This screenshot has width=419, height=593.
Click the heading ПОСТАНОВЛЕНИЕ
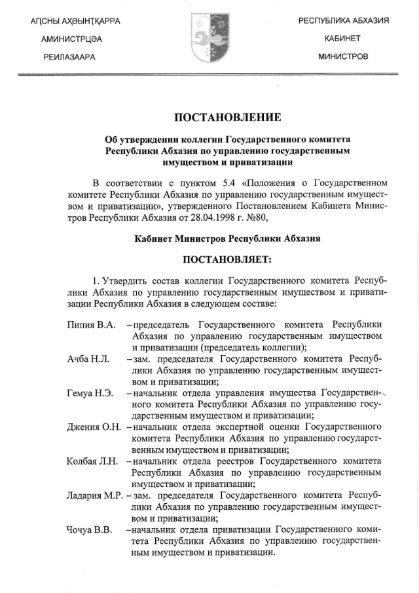pyautogui.click(x=227, y=118)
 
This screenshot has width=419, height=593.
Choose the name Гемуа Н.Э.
pyautogui.click(x=90, y=393)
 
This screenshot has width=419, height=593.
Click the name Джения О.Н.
pyautogui.click(x=94, y=427)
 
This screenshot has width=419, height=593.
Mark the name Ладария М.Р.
pyautogui.click(x=94, y=495)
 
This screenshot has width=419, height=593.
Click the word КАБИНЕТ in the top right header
pyautogui.click(x=343, y=39)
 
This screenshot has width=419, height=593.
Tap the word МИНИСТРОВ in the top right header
pyautogui.click(x=343, y=56)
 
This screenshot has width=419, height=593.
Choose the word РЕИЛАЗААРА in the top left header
pyautogui.click(x=67, y=57)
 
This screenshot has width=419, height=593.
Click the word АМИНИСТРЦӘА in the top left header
pyautogui.click(x=71, y=39)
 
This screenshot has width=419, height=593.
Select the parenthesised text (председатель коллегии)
pyautogui.click(x=252, y=347)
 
